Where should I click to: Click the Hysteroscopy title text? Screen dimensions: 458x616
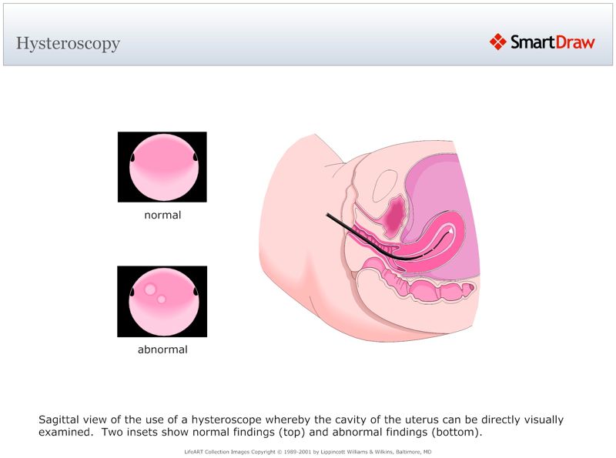tap(68, 43)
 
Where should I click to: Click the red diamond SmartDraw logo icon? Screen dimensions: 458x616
tap(497, 42)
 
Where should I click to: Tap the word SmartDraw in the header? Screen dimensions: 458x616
tap(552, 42)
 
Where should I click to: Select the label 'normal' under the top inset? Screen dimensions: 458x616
tap(162, 216)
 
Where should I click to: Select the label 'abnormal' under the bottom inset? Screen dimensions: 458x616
tap(162, 349)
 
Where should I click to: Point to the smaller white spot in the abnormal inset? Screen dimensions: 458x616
tap(162, 299)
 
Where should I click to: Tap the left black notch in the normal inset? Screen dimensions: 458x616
tap(132, 158)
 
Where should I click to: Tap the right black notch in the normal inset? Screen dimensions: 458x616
tap(193, 158)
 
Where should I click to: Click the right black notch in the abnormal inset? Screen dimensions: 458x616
tap(193, 292)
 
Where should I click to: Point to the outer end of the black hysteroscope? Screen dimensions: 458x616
tap(327, 216)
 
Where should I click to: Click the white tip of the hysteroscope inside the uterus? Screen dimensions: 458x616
tap(448, 230)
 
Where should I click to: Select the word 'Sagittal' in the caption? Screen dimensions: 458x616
tap(60, 420)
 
